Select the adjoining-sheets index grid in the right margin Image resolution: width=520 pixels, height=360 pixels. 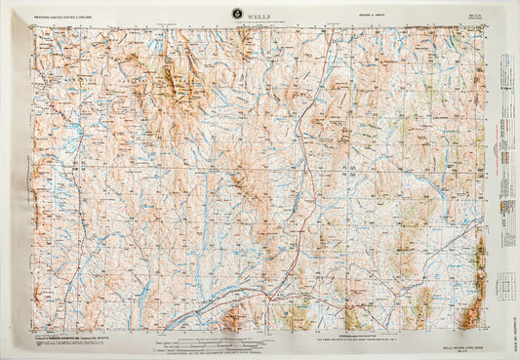(505, 286)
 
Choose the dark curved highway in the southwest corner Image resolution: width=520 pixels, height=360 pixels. (195, 318)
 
